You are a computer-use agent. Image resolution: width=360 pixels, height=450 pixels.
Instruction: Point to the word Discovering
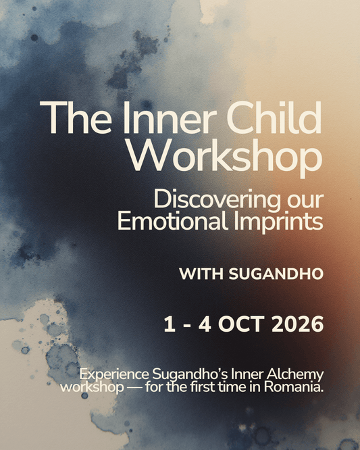click(x=217, y=201)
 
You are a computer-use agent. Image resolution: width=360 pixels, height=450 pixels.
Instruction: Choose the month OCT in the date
click(x=240, y=324)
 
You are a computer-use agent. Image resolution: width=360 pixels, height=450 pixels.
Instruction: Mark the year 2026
click(x=295, y=324)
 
